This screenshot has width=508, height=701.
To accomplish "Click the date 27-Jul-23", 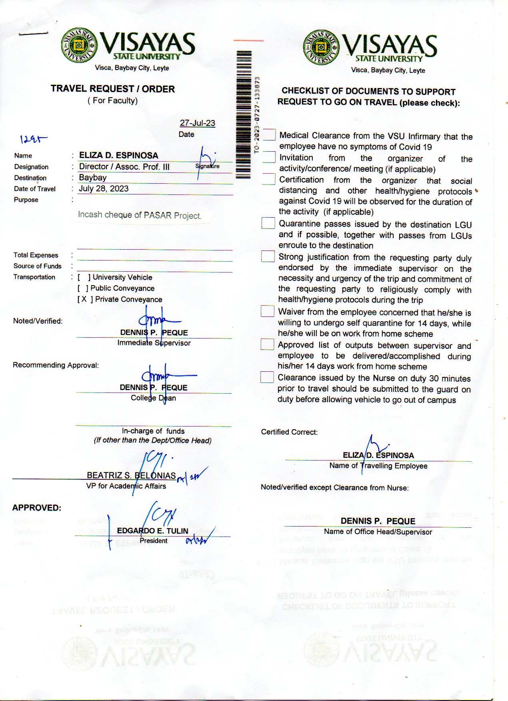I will click(197, 123).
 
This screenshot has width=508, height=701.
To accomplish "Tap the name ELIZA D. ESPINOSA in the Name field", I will click(118, 155).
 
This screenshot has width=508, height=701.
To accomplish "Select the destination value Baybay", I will click(93, 177).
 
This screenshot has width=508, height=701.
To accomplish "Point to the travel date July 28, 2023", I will click(104, 188).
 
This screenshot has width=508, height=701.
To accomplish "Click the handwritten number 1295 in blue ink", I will click(33, 139).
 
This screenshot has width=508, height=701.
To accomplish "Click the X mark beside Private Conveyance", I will click(84, 299).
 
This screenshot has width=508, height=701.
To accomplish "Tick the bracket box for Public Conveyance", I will click(83, 288).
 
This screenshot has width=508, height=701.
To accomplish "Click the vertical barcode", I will click(244, 114).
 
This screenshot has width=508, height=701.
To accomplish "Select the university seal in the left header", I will click(79, 46).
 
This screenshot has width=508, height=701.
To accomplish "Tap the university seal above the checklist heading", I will click(321, 48).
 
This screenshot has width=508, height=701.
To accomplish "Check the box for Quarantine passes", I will click(268, 223).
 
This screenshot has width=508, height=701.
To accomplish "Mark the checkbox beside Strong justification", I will click(268, 256).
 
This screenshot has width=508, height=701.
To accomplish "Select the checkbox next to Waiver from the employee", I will click(267, 311).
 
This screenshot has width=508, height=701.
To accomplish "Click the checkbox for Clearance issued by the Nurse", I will click(267, 377).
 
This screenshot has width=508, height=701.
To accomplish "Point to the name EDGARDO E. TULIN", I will click(152, 531).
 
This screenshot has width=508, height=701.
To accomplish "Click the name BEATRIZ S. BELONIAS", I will click(131, 475).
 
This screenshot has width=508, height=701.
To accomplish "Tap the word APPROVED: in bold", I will click(37, 508).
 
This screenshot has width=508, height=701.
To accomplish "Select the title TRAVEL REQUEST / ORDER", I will click(113, 89).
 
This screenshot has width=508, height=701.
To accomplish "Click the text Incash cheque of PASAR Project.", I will click(140, 215).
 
